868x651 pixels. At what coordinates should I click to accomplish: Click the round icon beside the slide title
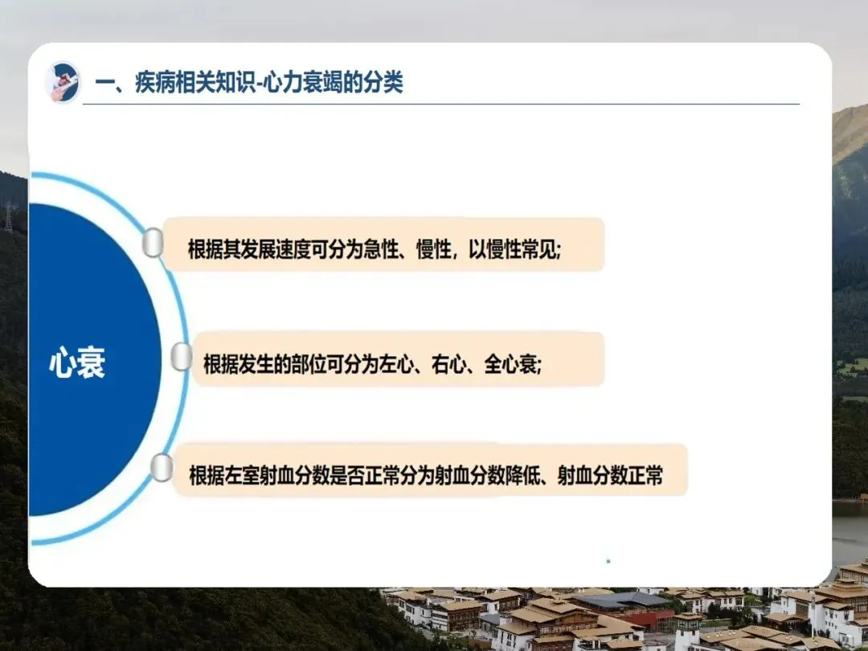pyautogui.click(x=63, y=82)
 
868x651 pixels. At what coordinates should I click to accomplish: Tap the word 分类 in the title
pyautogui.click(x=385, y=83)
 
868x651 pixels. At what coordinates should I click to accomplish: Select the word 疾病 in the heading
pyautogui.click(x=152, y=83)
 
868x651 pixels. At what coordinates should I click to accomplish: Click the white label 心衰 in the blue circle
pyautogui.click(x=77, y=363)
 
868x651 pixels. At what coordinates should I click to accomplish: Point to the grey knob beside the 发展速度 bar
pyautogui.click(x=153, y=243)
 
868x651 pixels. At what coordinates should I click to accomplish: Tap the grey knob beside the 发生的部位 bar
pyautogui.click(x=181, y=356)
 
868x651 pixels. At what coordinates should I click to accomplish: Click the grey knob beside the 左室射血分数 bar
pyautogui.click(x=161, y=467)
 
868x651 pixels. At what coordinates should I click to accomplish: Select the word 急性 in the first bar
pyautogui.click(x=381, y=250)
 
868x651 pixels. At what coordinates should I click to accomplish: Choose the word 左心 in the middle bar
pyautogui.click(x=396, y=364)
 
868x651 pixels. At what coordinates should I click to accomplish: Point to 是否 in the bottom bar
pyautogui.click(x=347, y=476)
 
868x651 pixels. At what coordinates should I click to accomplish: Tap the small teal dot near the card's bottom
pyautogui.click(x=608, y=561)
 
